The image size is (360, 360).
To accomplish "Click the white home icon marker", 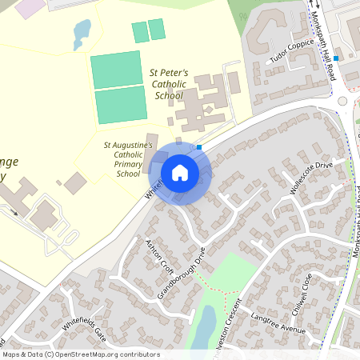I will (180, 172).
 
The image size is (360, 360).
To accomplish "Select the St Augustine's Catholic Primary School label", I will (128, 159).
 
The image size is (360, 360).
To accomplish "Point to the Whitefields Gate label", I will (83, 328).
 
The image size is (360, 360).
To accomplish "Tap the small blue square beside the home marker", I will (199, 147).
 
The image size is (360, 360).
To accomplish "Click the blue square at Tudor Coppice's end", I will (337, 58).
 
